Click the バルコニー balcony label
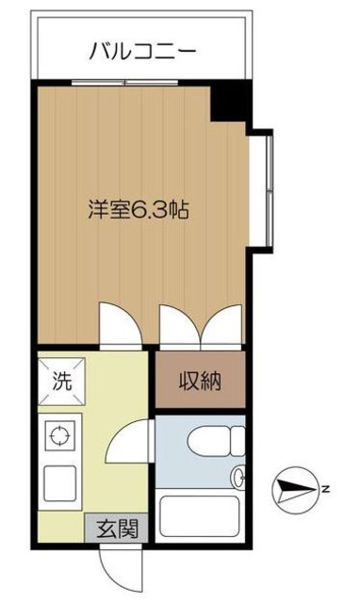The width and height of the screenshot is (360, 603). tap(143, 49)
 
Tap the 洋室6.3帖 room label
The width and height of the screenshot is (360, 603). tap(140, 210)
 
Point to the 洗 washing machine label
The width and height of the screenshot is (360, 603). tap(60, 382)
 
